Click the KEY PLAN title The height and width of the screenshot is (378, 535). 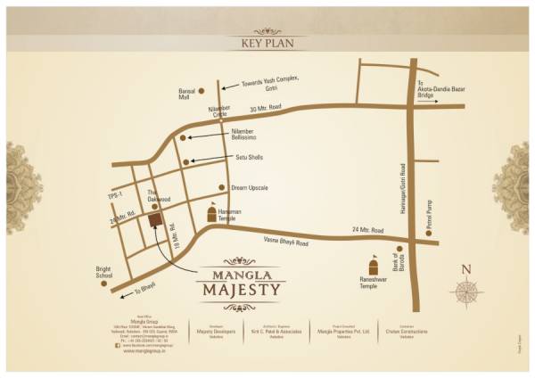[267, 43]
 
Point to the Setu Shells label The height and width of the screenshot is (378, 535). [247, 158]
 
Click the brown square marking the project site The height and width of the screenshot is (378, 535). [153, 219]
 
